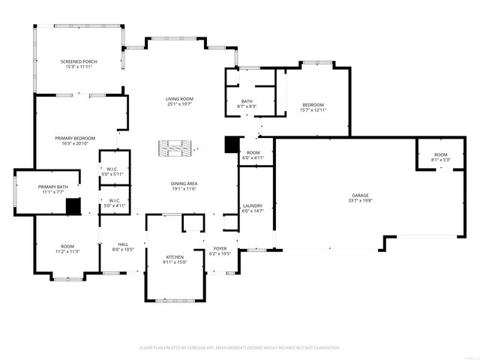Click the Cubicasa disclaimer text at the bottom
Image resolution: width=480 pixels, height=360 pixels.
(x=240, y=348)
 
